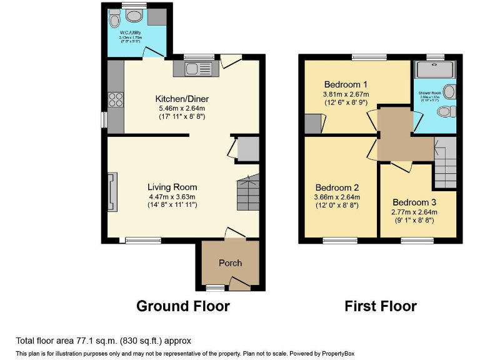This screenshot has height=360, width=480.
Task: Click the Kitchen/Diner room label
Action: (182, 99)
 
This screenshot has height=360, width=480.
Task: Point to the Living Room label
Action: (172, 187)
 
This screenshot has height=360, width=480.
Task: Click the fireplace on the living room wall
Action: (112, 192)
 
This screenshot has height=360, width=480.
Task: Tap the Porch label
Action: (230, 263)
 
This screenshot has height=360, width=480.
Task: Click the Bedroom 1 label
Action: (346, 84)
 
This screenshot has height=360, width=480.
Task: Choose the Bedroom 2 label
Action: (337, 187)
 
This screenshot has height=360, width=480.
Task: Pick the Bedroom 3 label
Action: (415, 202)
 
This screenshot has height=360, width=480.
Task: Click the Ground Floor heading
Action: (183, 306)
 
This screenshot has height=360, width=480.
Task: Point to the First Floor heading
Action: (381, 306)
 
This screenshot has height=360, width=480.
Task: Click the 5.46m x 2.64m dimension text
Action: (182, 108)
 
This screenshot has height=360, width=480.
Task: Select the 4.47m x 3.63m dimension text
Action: (172, 196)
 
